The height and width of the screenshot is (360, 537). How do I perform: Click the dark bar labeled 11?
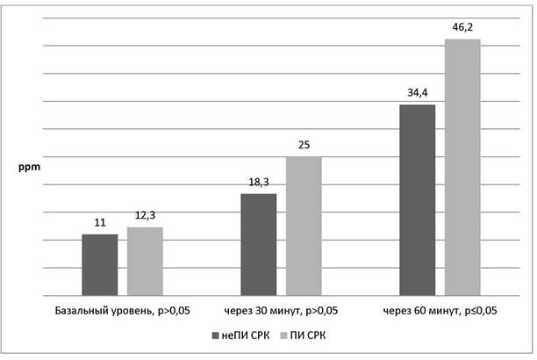[100, 264]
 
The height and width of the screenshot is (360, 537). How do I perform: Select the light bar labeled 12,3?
[145, 262]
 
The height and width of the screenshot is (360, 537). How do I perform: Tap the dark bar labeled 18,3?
[259, 244]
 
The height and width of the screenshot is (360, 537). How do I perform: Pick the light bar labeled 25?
[304, 226]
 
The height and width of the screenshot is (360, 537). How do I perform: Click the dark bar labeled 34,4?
[418, 200]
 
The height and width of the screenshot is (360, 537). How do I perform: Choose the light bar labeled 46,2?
[462, 168]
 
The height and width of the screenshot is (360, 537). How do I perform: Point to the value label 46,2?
[462, 27]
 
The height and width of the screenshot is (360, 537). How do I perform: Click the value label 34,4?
[418, 92]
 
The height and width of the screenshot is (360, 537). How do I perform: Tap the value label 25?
[304, 145]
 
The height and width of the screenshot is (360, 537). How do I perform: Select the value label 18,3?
[259, 182]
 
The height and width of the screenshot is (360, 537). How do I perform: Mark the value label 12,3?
[145, 215]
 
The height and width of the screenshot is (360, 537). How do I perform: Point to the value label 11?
[100, 223]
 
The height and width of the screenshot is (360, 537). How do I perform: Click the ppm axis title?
[29, 168]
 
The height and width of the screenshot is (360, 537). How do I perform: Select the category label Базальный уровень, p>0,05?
[122, 311]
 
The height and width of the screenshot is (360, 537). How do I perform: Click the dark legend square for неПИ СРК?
[216, 335]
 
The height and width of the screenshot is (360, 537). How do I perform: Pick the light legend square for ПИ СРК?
[283, 335]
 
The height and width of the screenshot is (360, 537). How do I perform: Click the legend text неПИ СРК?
[245, 335]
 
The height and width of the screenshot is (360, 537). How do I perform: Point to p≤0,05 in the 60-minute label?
[479, 312]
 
